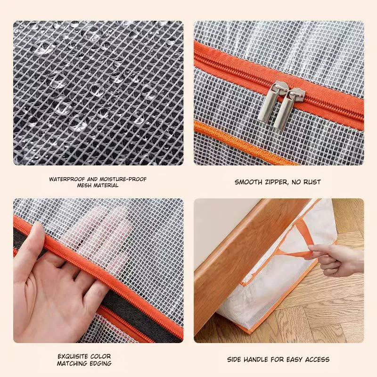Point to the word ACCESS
[317, 360]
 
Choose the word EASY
[294, 360]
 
